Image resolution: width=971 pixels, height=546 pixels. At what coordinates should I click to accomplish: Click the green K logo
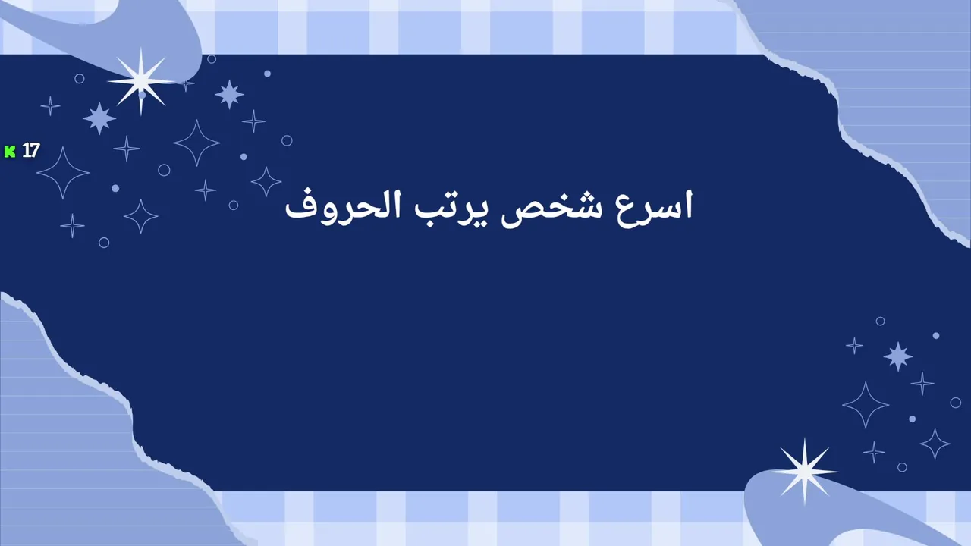click(x=10, y=152)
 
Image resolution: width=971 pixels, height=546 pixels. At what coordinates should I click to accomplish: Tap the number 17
click(x=31, y=150)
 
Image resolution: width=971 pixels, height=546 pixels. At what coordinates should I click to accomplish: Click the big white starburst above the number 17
click(x=141, y=81)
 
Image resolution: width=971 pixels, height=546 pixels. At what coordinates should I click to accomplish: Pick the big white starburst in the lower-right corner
click(x=805, y=472)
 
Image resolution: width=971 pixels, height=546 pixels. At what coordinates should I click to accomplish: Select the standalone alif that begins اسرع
click(x=688, y=204)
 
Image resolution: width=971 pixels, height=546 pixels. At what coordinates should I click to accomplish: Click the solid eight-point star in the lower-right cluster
click(x=897, y=356)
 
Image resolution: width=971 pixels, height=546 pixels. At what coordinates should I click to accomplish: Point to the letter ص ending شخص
click(x=518, y=215)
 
